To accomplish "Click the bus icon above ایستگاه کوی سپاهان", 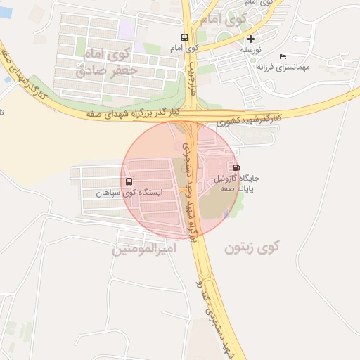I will coord(129,181).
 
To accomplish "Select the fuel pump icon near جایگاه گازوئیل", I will coord(236,167).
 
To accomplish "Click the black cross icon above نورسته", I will coord(251,39).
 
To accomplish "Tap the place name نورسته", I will coord(251,50).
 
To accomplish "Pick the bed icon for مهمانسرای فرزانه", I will coord(283,56).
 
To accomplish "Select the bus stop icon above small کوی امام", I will coord(184,38).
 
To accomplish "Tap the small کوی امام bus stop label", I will coord(184,49).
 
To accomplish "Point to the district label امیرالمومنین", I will coord(143,249).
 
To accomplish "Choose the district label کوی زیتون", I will coord(252,247).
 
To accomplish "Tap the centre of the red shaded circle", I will coord(181,180).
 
